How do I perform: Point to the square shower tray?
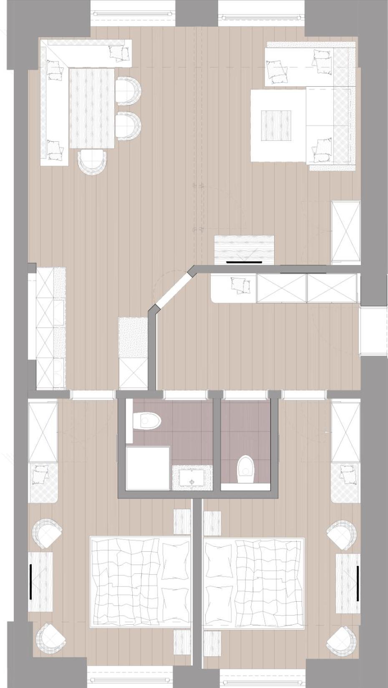(x=148, y=468)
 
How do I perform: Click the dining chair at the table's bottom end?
(x=93, y=162)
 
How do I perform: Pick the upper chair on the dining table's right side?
(x=128, y=90)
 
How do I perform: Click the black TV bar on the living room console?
(x=244, y=263)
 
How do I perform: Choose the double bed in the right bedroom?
(x=253, y=582)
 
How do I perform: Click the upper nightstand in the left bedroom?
(x=182, y=521)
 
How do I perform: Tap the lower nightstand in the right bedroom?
(x=212, y=643)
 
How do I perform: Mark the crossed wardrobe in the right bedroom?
(x=345, y=431)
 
